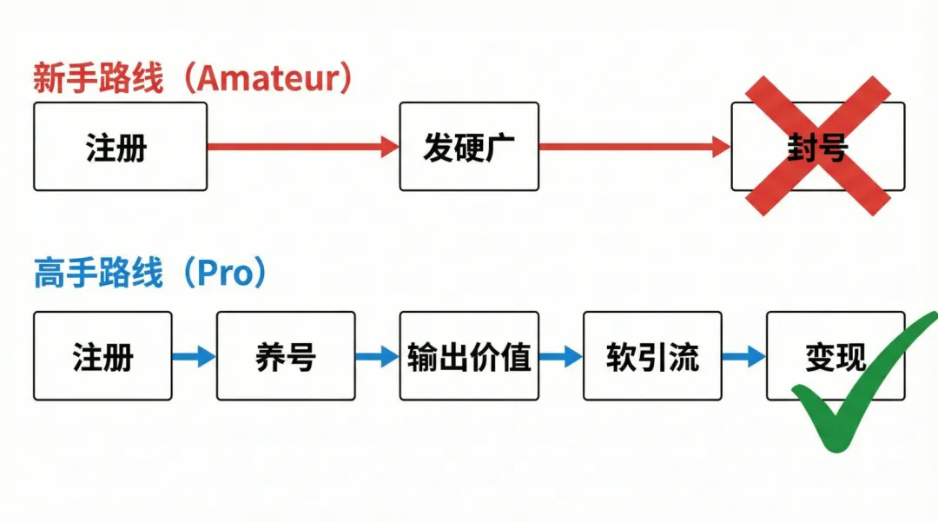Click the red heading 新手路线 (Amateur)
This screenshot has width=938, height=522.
[x=193, y=79]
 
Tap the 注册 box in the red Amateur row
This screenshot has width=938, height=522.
[x=120, y=147]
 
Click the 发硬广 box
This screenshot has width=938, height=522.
[x=469, y=147]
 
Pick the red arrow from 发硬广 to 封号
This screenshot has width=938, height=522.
[x=634, y=147]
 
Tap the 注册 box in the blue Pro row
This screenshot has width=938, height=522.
[x=102, y=356]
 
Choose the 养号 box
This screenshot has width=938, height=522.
[x=286, y=356]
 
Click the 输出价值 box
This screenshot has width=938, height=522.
[x=469, y=356]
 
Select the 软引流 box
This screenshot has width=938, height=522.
[x=652, y=356]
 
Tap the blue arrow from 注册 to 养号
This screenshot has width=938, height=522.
[x=194, y=356]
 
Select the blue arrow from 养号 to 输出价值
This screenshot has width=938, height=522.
[x=377, y=356]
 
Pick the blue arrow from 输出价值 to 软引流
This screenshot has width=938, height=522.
[x=561, y=356]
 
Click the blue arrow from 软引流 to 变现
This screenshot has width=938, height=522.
[x=744, y=356]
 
